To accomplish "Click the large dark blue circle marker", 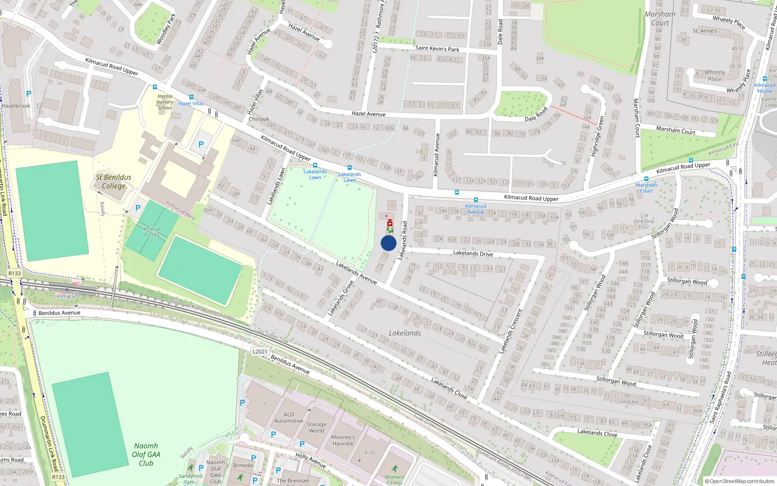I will click(x=388, y=243).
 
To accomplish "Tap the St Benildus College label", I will click(x=113, y=181).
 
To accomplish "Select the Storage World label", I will click(x=316, y=427).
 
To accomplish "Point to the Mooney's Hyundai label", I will click(x=343, y=440).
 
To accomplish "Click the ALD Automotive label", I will click(x=288, y=417).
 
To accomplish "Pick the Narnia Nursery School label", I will click(x=165, y=102).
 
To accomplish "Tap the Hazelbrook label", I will click(x=16, y=105).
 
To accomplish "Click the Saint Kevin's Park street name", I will click(x=437, y=49).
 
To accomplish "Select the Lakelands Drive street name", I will click(x=473, y=253).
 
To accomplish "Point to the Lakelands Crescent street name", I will click(x=511, y=331).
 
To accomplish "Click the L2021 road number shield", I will click(x=260, y=351).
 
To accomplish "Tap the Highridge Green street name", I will click(x=597, y=137).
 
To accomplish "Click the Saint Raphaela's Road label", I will click(x=721, y=398).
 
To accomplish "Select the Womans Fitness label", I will click(x=394, y=480).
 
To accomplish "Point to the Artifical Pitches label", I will click(x=152, y=232).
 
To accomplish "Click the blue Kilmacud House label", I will click(x=764, y=88).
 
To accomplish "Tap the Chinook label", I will click(x=259, y=119).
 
